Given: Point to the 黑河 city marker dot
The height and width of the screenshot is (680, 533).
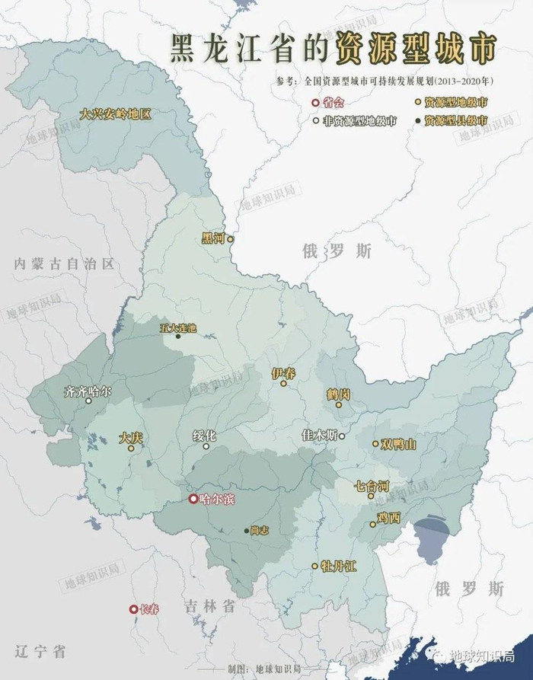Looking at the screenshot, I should pos(230,239).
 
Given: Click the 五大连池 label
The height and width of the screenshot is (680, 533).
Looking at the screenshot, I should pos(178,328).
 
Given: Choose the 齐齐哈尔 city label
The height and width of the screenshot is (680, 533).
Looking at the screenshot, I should pos(88,392).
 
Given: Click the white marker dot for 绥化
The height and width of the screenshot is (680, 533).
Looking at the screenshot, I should pos(206,446).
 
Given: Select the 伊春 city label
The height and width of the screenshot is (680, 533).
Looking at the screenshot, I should pos(283,373).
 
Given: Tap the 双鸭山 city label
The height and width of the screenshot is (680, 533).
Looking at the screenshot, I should pos(399,445).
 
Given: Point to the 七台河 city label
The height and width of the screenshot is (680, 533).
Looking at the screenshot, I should pos(372,485).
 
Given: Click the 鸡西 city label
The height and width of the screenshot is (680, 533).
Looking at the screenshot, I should pos(388,518).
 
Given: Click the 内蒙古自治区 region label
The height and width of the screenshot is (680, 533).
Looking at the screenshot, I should pos(65,263).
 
